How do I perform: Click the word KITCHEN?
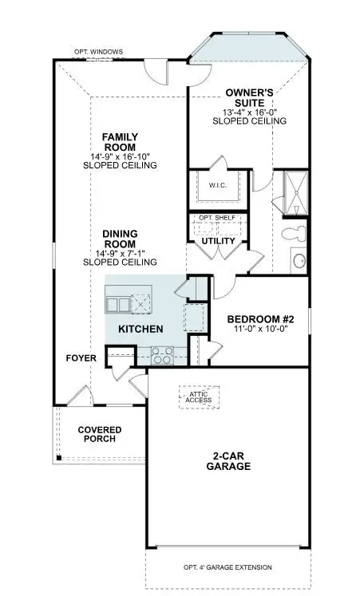click(x=141, y=329)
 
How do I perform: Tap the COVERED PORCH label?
click(x=100, y=434)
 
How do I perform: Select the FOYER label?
click(x=81, y=358)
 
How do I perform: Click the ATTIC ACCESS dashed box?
click(x=199, y=397)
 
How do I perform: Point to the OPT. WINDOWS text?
click(x=99, y=52)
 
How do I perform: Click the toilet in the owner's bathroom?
click(x=291, y=235)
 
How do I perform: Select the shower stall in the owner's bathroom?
click(x=295, y=191)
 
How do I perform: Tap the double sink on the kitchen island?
click(x=117, y=305)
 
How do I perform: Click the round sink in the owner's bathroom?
click(x=299, y=261)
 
